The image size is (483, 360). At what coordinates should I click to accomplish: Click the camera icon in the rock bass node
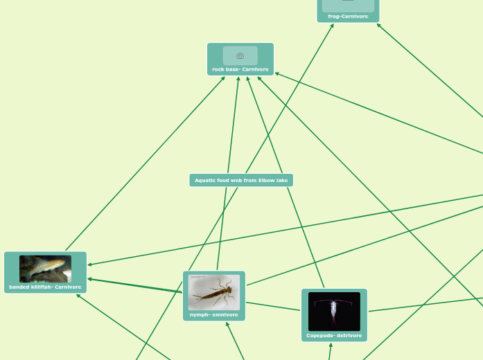pyautogui.click(x=240, y=55)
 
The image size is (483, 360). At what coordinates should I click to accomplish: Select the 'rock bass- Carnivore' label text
pyautogui.click(x=240, y=69)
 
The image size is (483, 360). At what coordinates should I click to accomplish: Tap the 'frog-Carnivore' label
pyautogui.click(x=348, y=16)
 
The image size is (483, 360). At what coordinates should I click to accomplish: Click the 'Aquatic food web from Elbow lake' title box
pyautogui.click(x=241, y=180)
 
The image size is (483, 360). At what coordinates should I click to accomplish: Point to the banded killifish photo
pyautogui.click(x=45, y=269)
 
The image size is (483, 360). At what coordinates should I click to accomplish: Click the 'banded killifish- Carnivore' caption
pyautogui.click(x=45, y=287)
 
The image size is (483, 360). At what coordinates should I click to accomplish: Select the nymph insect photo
pyautogui.click(x=214, y=292)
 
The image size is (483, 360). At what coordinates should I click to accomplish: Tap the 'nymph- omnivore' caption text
pyautogui.click(x=214, y=314)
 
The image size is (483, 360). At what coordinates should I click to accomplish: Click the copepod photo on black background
pyautogui.click(x=334, y=311)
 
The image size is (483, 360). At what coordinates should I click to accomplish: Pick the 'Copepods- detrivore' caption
pyautogui.click(x=334, y=336)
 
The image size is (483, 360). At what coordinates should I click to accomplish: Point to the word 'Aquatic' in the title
pyautogui.click(x=206, y=180)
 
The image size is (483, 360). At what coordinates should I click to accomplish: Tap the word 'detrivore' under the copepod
pyautogui.click(x=349, y=336)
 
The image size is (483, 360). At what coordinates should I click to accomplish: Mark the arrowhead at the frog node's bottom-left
pyautogui.click(x=333, y=25)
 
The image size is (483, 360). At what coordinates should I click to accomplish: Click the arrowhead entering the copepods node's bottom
pyautogui.click(x=331, y=345)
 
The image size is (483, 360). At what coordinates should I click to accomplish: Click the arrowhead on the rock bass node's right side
pyautogui.click(x=276, y=73)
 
